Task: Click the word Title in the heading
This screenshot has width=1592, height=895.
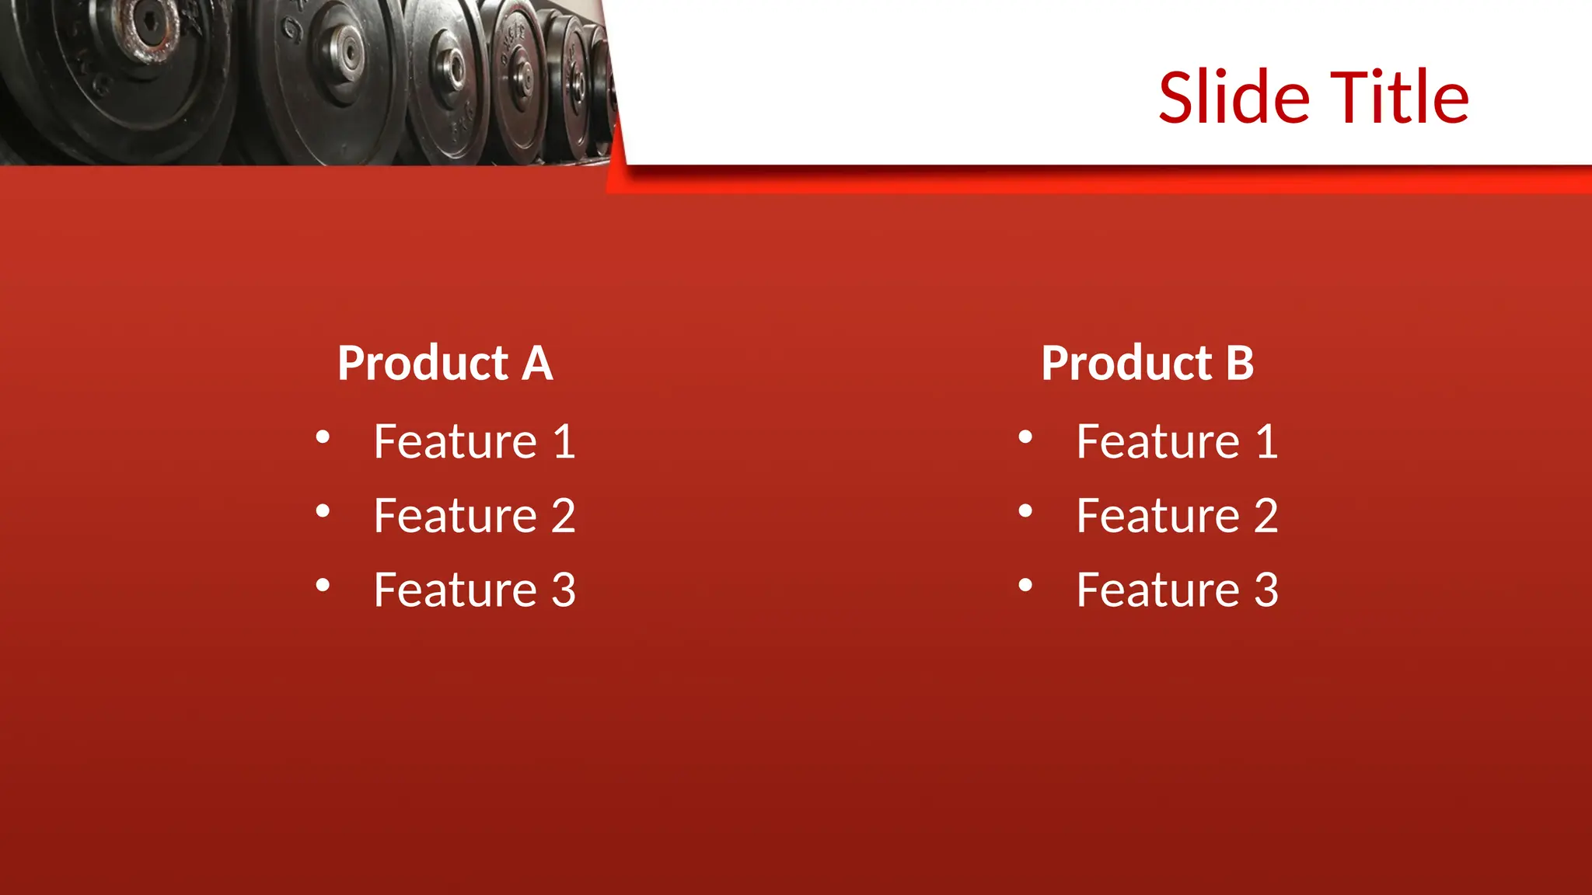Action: [1399, 98]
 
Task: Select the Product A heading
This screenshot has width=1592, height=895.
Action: [445, 364]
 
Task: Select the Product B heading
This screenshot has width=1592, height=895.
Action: [1147, 364]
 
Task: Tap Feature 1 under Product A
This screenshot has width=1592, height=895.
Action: [474, 441]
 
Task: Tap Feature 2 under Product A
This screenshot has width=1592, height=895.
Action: [474, 515]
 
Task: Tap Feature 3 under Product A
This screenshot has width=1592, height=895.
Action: [474, 590]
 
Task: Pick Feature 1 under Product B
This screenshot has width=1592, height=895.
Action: [1177, 441]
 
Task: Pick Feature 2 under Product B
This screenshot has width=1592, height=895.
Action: [1177, 515]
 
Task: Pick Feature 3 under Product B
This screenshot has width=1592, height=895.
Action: [1177, 590]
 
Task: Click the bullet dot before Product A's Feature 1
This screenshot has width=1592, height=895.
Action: [323, 437]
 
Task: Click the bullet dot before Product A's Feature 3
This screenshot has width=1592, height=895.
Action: [323, 585]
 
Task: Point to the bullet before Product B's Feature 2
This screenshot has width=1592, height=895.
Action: [1025, 511]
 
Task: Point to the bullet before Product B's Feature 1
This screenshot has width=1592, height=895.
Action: [1025, 437]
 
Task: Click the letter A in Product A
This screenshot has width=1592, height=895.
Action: [537, 364]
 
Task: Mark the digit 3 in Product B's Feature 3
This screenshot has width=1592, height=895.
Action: [1266, 590]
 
